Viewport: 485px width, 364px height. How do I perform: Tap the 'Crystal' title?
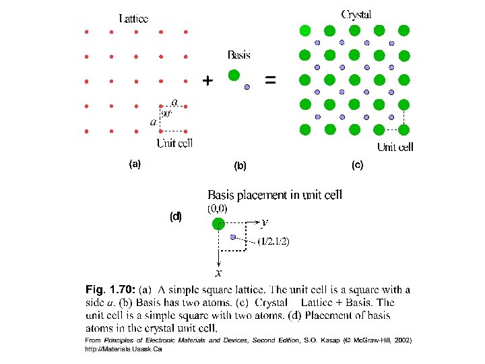pyautogui.click(x=356, y=14)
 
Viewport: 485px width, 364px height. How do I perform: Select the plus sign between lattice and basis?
pyautogui.click(x=207, y=81)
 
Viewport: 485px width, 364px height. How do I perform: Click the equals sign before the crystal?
pyautogui.click(x=270, y=80)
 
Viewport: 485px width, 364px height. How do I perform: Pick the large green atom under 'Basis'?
pyautogui.click(x=234, y=75)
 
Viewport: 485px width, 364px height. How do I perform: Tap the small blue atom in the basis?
pyautogui.click(x=247, y=87)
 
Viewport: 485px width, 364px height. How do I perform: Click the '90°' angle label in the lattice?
pyautogui.click(x=166, y=114)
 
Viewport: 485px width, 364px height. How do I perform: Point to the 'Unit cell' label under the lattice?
pyautogui.click(x=175, y=143)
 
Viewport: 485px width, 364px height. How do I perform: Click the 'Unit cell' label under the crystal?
pyautogui.click(x=395, y=147)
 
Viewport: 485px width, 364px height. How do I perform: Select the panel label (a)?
pyautogui.click(x=135, y=164)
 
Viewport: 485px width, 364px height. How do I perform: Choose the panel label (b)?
pyautogui.click(x=240, y=165)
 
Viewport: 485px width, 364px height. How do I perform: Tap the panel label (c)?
pyautogui.click(x=356, y=164)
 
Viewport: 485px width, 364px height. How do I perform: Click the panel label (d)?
pyautogui.click(x=176, y=216)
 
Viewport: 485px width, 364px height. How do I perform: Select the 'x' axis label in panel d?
pyautogui.click(x=219, y=273)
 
